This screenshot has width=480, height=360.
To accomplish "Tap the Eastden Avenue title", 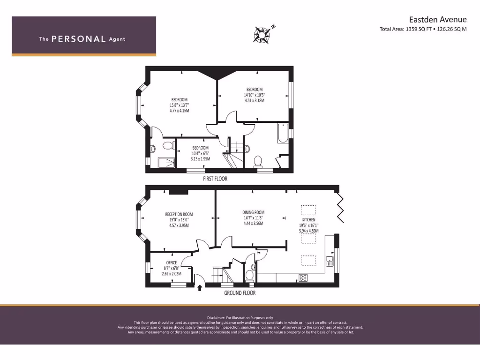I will pos(438,19).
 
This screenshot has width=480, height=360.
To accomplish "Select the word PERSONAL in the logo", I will pos(78,39).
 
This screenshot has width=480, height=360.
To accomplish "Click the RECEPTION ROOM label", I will pos(179,214).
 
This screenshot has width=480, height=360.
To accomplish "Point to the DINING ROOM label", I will pos(253,212).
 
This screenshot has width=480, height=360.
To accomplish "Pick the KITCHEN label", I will pos(308,219).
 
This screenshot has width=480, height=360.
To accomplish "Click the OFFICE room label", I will pos(172,262).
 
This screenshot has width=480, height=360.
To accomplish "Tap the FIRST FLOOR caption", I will pos(215,179).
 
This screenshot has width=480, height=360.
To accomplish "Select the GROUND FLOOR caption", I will pos(240,293).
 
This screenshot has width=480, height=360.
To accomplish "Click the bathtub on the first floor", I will pos(283,134).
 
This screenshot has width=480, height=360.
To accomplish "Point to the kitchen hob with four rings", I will pos(303,277).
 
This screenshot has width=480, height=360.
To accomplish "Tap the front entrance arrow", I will pos(200,287).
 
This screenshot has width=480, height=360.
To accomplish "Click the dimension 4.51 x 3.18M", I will pos(255,100).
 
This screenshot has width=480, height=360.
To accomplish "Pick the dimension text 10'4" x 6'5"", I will pos(200,153).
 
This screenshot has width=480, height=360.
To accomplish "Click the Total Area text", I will pos(423,29).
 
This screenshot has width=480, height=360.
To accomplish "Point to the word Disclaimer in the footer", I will pos(218,318).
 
